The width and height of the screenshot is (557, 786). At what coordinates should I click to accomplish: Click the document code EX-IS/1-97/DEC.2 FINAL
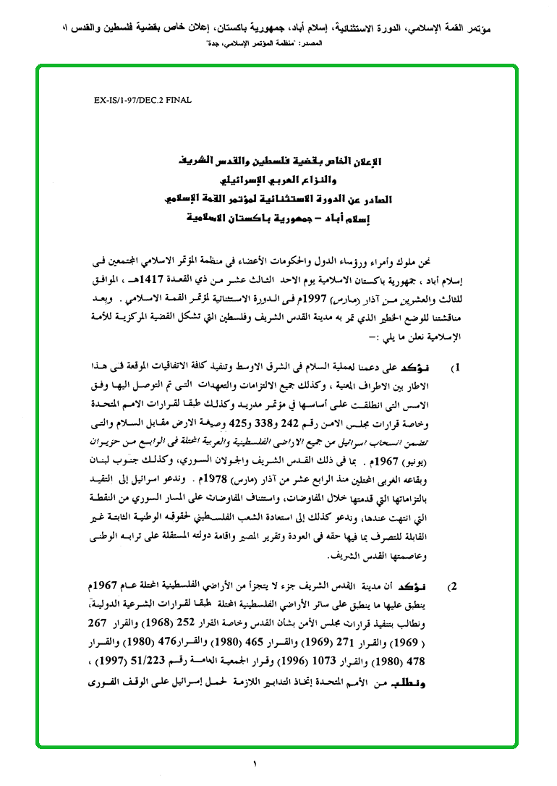pos(143,101)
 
